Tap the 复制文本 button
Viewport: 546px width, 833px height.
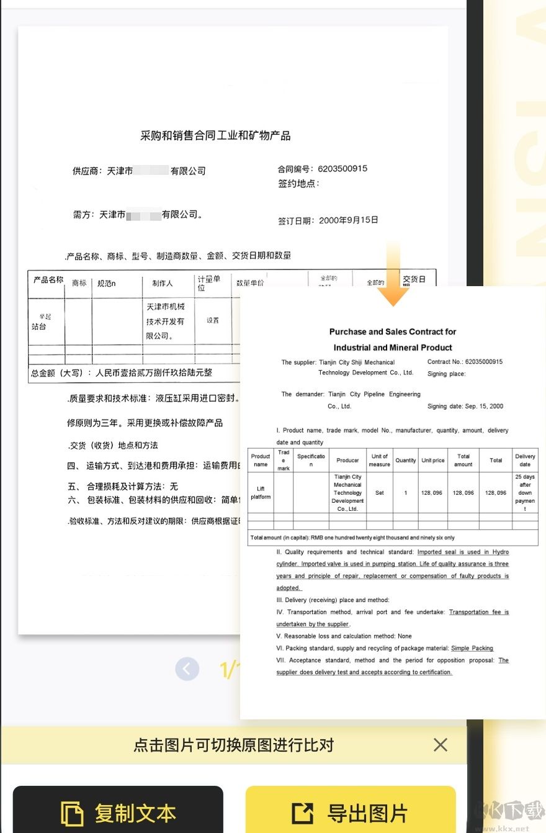coord(118,812)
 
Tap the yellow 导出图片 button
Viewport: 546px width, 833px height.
coord(351,812)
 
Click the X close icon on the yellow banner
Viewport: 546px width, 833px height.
coord(441,745)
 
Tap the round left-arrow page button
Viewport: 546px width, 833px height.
coord(187,669)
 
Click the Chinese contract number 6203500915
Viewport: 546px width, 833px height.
coord(342,168)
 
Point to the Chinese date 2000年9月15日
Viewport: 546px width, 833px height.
coord(348,220)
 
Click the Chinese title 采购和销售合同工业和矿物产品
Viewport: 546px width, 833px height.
coord(215,135)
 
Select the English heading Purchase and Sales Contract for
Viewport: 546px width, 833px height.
coord(393,332)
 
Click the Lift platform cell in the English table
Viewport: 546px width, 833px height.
coord(261,493)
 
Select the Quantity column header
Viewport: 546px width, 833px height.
coord(406,461)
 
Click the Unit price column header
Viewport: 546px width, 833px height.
coord(433,461)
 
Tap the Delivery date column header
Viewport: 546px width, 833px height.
coord(525,460)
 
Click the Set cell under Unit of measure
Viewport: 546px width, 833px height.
coord(379,493)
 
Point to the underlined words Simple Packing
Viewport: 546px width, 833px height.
coord(472,648)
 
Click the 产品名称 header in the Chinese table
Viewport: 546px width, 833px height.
coord(48,281)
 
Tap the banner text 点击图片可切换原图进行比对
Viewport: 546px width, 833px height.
coord(233,745)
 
